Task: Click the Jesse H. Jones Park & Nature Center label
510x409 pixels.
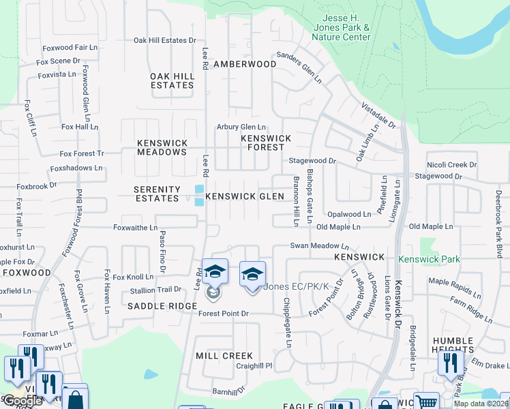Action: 346,28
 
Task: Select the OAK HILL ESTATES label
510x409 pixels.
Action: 172,80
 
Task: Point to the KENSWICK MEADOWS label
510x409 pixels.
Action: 162,147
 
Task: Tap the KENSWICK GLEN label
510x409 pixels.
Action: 245,196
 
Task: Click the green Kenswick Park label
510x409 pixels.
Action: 430,259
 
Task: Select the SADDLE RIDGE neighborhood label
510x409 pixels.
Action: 162,307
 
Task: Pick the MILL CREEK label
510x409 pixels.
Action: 224,356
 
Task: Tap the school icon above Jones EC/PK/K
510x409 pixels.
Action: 252,275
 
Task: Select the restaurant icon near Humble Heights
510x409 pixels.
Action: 451,362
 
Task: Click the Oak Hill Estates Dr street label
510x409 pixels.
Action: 164,40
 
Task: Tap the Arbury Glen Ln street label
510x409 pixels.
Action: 241,127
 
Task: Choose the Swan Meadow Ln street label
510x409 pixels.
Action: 319,245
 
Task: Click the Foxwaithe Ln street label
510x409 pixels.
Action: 135,228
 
